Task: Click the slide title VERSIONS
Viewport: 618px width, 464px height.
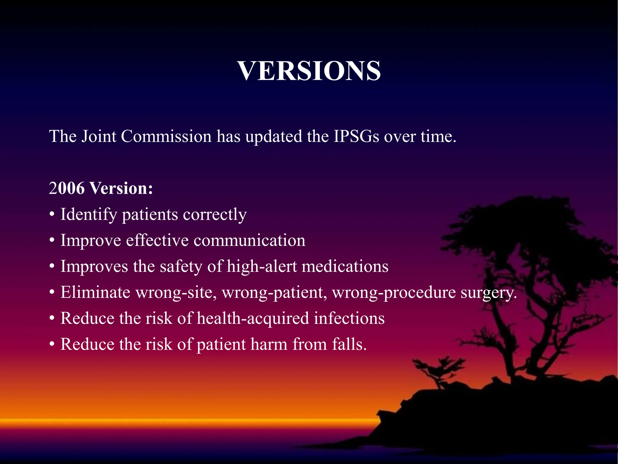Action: click(x=309, y=71)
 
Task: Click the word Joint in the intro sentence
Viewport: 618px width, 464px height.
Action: click(x=99, y=136)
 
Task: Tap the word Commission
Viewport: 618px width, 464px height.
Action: click(x=166, y=136)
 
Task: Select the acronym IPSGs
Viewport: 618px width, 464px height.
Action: click(x=356, y=136)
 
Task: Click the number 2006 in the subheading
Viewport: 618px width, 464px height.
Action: click(x=67, y=188)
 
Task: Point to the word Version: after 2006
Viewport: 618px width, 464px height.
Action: click(x=121, y=188)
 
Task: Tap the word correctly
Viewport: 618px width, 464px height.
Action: click(x=215, y=215)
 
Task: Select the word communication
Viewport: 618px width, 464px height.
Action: click(x=249, y=240)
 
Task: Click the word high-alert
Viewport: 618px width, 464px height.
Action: click(x=262, y=266)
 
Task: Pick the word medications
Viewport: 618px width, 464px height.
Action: click(x=345, y=266)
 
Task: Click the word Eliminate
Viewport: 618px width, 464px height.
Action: click(x=95, y=292)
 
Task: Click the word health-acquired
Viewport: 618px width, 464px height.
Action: click(x=253, y=318)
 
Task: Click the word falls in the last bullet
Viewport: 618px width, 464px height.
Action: click(x=349, y=344)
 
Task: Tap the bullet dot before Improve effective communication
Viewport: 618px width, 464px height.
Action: click(x=52, y=241)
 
